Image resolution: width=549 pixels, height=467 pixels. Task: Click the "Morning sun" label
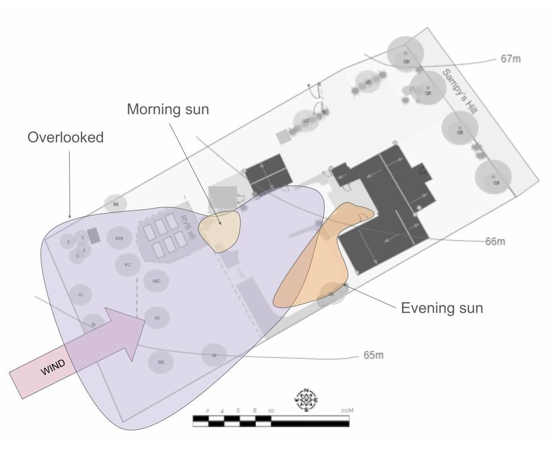point(168,109)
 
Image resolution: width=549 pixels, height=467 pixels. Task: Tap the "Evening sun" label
point(441,308)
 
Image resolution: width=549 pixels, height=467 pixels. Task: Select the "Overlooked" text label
point(66,137)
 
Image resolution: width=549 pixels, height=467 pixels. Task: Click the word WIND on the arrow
point(53,367)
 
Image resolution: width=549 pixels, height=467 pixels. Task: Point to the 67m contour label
point(510,59)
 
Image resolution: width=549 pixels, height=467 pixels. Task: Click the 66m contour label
point(495,241)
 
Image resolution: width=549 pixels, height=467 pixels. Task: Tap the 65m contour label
point(373,355)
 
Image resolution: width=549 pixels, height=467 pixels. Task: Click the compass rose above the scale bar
point(306,400)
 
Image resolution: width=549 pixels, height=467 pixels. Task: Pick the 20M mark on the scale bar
point(347,411)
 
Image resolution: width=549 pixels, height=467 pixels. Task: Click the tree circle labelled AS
point(157,317)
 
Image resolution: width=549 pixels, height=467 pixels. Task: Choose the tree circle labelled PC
point(128,265)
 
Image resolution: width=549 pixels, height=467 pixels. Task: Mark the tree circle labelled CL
point(80,295)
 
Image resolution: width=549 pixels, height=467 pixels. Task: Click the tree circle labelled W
point(214,355)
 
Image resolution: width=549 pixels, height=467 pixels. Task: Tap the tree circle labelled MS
point(161,362)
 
